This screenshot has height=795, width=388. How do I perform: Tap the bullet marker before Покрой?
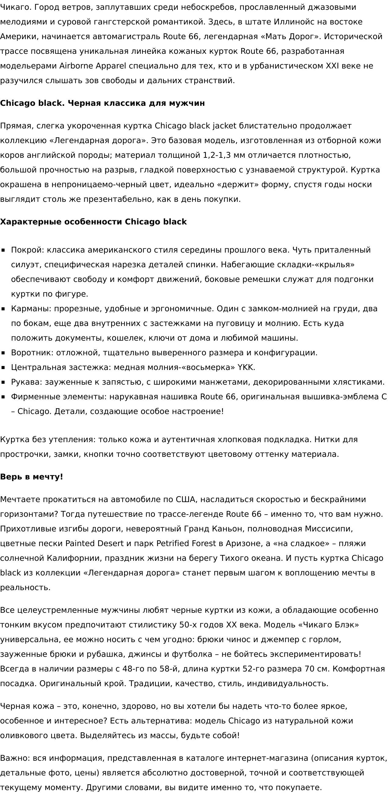tap(3, 250)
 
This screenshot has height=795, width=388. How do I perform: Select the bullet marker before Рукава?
tap(3, 383)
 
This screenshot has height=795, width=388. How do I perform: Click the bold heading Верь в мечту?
tap(31, 477)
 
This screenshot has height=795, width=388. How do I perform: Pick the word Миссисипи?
tap(329, 529)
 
